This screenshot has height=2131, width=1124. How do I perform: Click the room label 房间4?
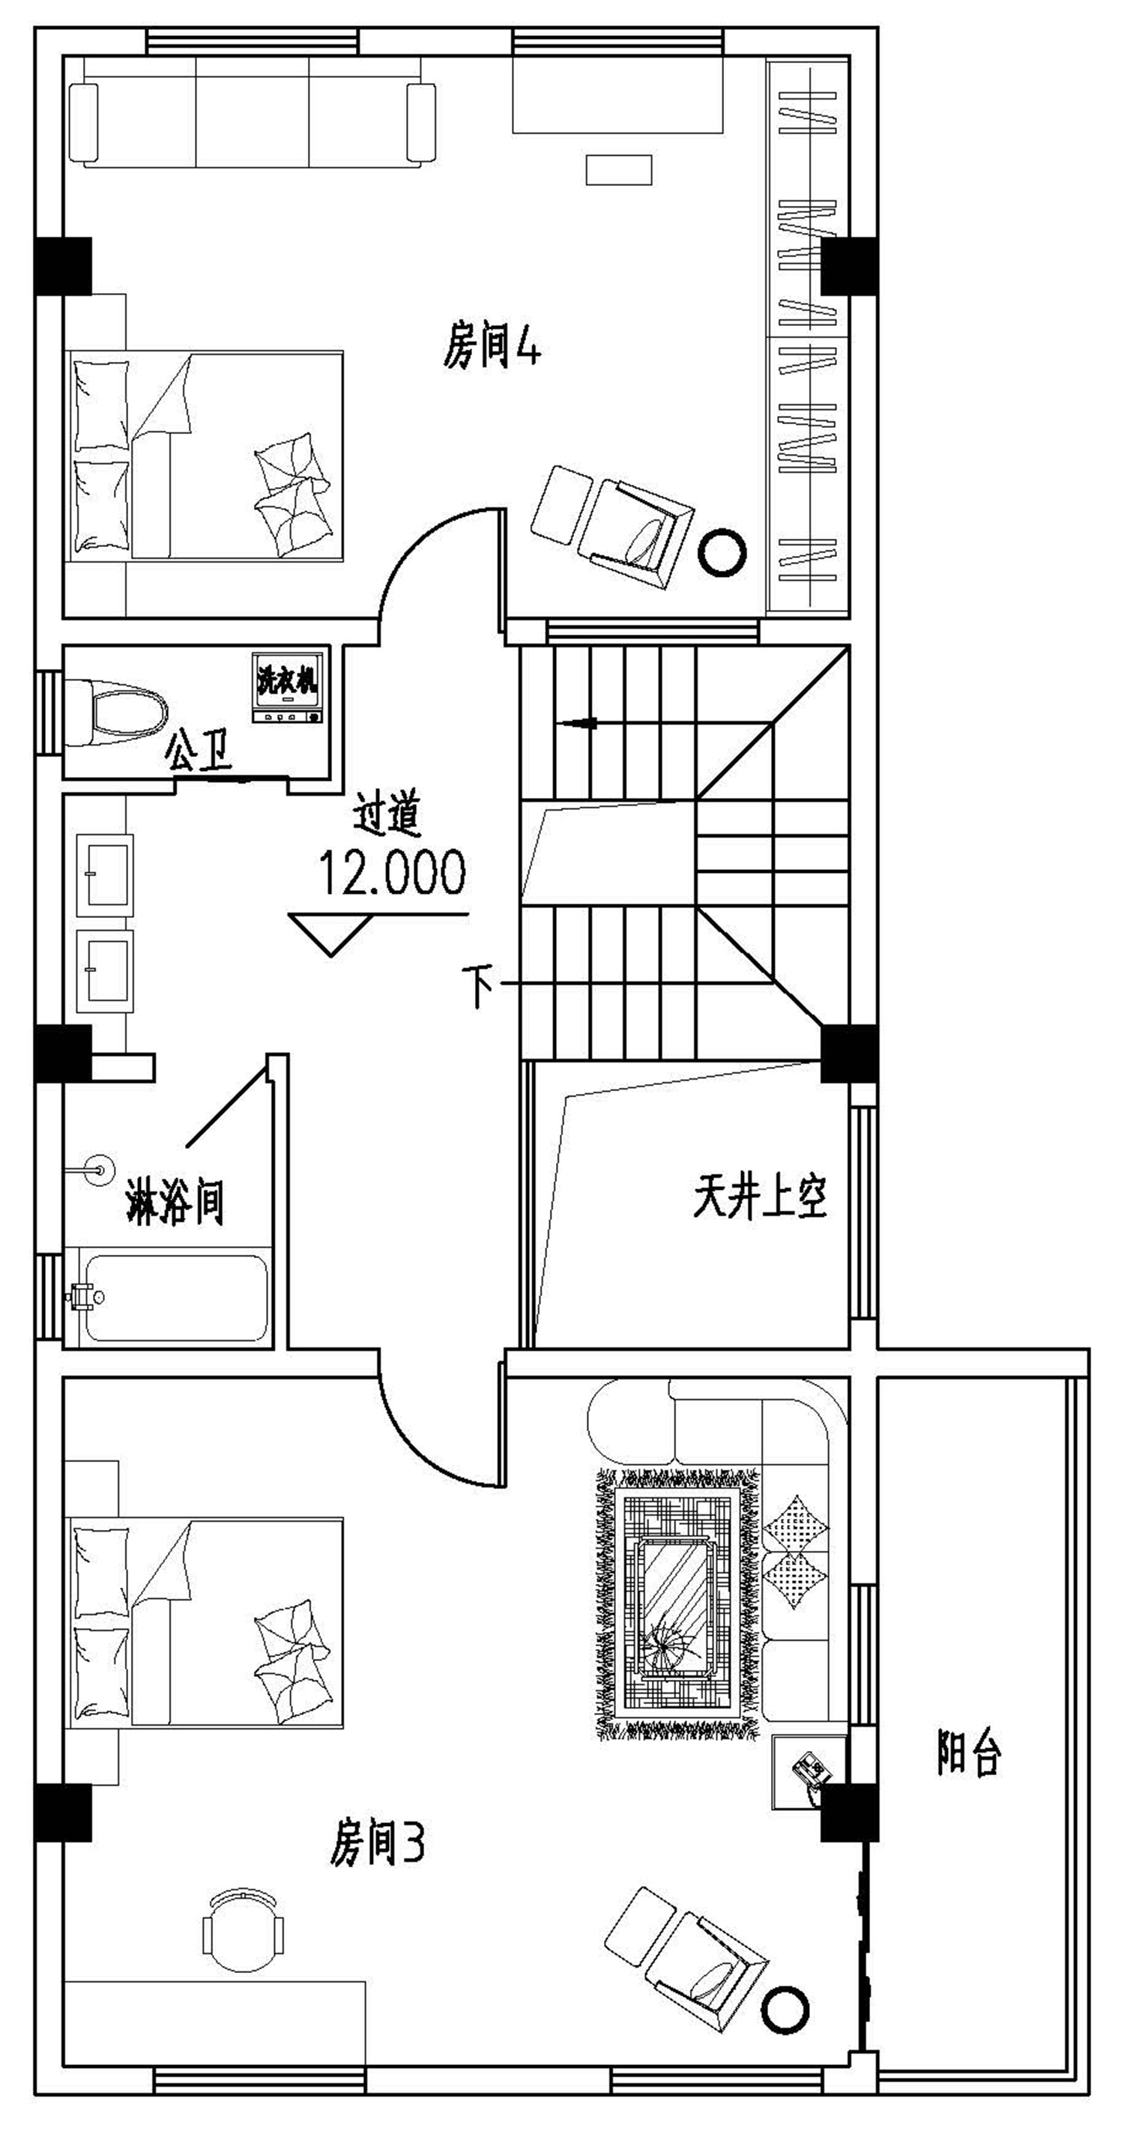pos(492,347)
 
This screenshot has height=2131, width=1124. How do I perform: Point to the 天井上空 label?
pos(759,1197)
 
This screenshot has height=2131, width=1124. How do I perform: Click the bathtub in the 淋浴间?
pos(175,1297)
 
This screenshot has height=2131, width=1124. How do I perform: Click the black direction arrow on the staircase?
pos(579,723)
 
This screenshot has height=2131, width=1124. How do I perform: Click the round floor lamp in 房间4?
pos(722,552)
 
